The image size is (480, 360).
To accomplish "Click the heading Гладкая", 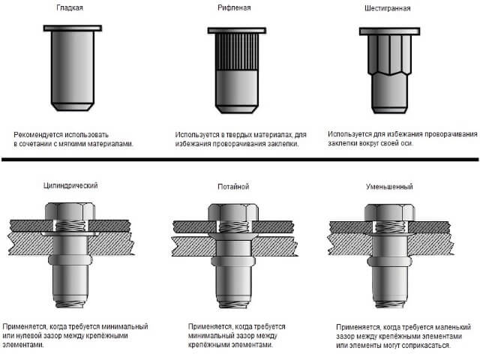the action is (70, 7).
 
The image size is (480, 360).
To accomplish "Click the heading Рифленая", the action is (234, 7).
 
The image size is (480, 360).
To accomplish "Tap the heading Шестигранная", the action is (387, 8).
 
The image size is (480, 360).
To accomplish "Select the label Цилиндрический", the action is (70, 185).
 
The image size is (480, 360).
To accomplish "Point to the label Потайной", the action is (233, 187).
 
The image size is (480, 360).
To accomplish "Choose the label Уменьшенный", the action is (389, 187).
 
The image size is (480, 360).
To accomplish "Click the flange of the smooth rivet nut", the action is (73, 28).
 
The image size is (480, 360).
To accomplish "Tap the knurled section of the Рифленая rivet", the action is (237, 52).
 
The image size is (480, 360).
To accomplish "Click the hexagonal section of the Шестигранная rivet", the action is (389, 55).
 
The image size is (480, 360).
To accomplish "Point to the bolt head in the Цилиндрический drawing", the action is (70, 211).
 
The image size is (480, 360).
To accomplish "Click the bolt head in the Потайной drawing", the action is (233, 212).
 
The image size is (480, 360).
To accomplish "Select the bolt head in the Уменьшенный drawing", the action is (390, 212).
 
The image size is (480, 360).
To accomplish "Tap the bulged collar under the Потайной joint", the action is (233, 262).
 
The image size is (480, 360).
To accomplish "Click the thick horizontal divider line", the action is (240, 159).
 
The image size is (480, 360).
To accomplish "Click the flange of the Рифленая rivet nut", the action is (237, 30).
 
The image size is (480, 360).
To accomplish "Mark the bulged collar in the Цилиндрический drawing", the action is (70, 260).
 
